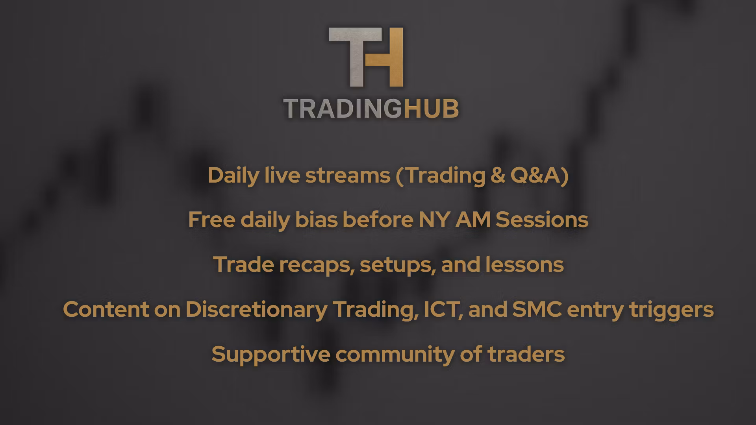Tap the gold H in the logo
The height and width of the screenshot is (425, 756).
click(388, 57)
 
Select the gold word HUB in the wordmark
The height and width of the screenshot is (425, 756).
click(431, 108)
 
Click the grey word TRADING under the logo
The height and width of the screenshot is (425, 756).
click(343, 108)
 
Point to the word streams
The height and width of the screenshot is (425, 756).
click(348, 176)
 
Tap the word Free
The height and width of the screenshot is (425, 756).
click(211, 220)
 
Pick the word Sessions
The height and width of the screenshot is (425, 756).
click(542, 220)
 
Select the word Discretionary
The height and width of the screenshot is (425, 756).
click(256, 310)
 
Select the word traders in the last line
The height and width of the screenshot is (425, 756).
click(526, 354)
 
